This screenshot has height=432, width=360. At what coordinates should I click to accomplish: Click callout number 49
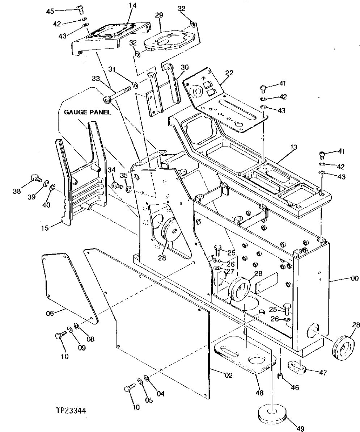(x=300, y=429)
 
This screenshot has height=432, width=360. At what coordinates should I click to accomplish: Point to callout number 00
(x=355, y=278)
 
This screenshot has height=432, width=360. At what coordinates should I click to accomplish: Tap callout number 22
(x=229, y=73)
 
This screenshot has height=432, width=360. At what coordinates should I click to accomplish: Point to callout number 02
(x=228, y=375)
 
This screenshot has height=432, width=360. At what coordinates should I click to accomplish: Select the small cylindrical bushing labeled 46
(x=280, y=377)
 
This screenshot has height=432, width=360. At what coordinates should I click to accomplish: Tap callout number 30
(x=185, y=67)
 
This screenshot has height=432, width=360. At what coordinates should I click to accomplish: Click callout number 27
(x=230, y=271)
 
